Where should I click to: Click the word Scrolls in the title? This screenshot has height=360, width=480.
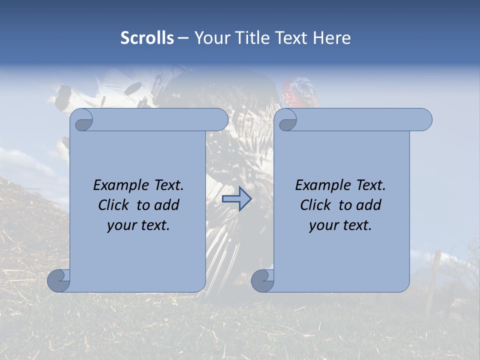(147, 38)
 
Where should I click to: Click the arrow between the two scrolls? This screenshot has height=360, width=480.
(237, 199)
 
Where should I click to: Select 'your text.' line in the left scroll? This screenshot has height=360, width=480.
(138, 225)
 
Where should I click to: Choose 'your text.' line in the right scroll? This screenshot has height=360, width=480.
(340, 225)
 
